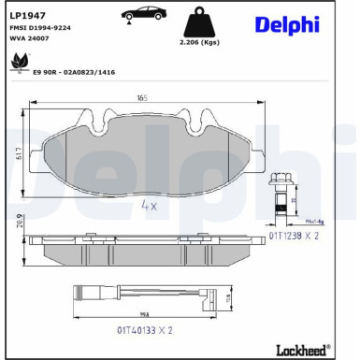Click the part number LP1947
(x=26, y=14)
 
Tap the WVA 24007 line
(x=29, y=40)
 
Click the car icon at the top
(x=141, y=13)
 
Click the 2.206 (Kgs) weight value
(x=199, y=43)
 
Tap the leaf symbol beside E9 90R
(x=18, y=63)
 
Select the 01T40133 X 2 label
(x=147, y=330)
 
